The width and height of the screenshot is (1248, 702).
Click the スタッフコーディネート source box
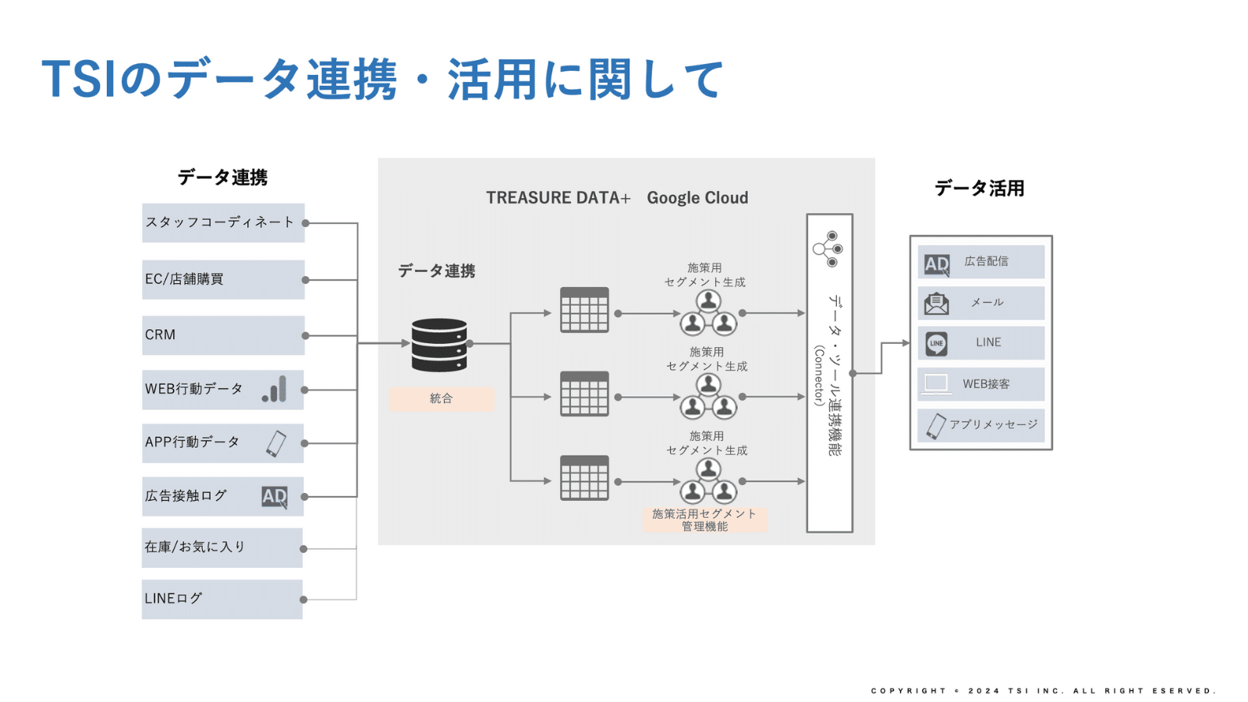point(223,223)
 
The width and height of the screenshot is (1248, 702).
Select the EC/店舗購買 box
point(223,279)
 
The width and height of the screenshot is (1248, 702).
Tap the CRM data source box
point(223,335)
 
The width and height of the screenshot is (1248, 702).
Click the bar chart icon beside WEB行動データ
point(275,389)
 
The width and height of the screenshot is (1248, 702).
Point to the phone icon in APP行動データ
point(276,443)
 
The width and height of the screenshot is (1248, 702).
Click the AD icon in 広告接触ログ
point(275,497)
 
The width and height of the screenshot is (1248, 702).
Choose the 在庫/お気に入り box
point(222,548)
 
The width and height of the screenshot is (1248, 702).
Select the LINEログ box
point(222,599)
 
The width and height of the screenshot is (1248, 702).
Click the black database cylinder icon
point(439,344)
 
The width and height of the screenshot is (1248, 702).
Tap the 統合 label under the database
point(441,399)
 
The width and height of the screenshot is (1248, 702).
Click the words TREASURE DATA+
point(558,198)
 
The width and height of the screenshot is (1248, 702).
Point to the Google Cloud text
point(697,198)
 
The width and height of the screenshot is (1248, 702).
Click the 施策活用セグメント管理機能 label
point(704,520)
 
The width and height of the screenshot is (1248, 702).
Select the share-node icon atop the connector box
point(828,249)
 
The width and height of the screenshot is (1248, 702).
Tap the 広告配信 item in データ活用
point(981,262)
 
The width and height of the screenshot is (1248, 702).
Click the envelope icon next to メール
point(937,303)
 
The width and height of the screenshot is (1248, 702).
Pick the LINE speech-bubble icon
point(937,343)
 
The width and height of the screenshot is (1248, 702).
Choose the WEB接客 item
point(981,384)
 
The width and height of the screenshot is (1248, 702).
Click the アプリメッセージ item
point(981,425)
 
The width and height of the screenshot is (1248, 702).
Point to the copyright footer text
point(1043,691)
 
